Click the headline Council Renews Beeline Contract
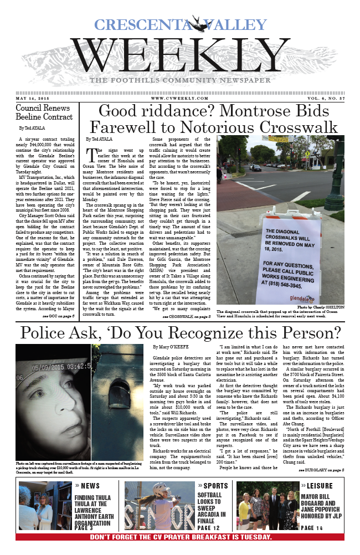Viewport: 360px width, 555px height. point(43,112)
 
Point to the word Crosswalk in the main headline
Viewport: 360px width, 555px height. point(289,126)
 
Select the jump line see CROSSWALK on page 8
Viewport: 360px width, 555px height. point(186,317)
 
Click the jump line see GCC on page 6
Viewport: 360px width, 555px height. point(58,315)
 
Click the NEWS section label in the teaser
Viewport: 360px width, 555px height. point(89,486)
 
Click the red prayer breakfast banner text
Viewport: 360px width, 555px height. point(180,537)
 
